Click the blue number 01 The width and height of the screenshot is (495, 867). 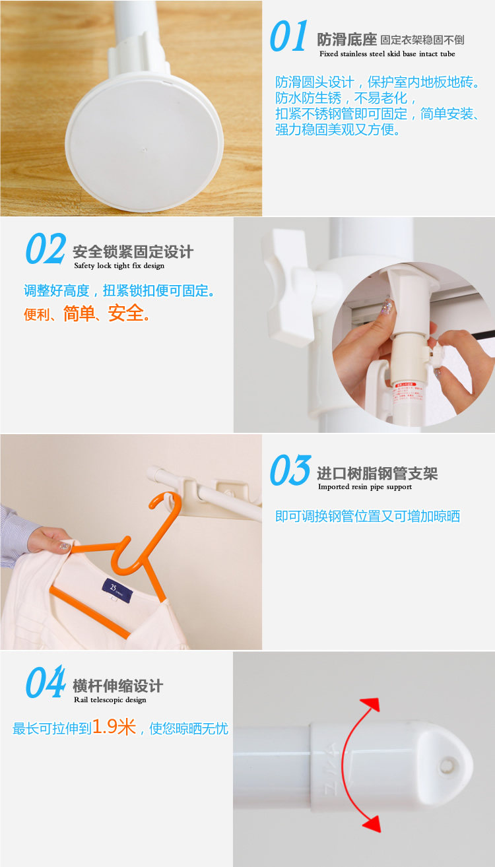tap(288, 36)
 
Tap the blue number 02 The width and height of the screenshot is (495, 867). tap(46, 249)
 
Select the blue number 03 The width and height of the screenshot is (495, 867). tap(290, 470)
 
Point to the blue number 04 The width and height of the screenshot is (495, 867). tap(46, 682)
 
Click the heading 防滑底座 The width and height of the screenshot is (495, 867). tap(346, 40)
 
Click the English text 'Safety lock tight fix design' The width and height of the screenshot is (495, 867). tap(119, 265)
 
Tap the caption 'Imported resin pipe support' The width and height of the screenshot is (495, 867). tap(364, 487)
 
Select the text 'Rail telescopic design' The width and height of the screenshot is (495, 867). tap(110, 700)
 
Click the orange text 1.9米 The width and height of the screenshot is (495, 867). tap(114, 726)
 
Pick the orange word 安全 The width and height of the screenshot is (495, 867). tap(126, 313)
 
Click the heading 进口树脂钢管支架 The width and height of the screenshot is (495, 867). tap(378, 473)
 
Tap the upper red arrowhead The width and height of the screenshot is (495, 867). tap(370, 705)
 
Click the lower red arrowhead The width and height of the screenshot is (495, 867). tap(372, 823)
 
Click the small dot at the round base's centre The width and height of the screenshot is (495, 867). tap(145, 150)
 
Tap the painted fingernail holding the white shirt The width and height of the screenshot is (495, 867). tap(64, 546)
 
